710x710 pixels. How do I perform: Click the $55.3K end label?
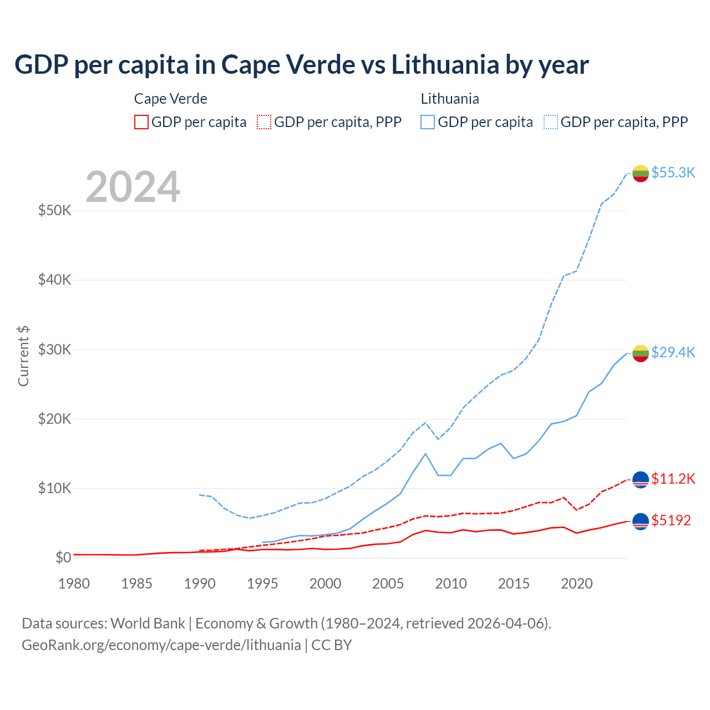[x=673, y=173]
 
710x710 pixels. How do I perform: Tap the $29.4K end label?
[x=673, y=352]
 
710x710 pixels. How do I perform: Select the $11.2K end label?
[x=673, y=479]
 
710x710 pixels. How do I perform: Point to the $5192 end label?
[x=671, y=520]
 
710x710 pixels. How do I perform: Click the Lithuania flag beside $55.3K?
[x=641, y=173]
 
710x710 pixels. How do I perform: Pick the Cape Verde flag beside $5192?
[x=641, y=521]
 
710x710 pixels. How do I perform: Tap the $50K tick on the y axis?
[x=54, y=211]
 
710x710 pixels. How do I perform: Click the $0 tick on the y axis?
[x=63, y=557]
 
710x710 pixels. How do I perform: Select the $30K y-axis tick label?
[x=54, y=349]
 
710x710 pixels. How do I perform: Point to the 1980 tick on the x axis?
[x=74, y=584]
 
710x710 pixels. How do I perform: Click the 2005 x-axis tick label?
[x=388, y=584]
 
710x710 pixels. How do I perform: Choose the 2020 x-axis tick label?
[x=576, y=584]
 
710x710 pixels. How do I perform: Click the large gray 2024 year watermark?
[x=133, y=187]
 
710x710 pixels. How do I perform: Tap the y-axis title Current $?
[x=23, y=356]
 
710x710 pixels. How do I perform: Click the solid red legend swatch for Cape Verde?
[x=141, y=122]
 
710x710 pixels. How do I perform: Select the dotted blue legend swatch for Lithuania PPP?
[x=551, y=122]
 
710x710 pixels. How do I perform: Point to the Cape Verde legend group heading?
[x=171, y=99]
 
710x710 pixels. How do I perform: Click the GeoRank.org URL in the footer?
[x=161, y=645]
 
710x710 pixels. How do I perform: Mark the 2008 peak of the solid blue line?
[x=425, y=454]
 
